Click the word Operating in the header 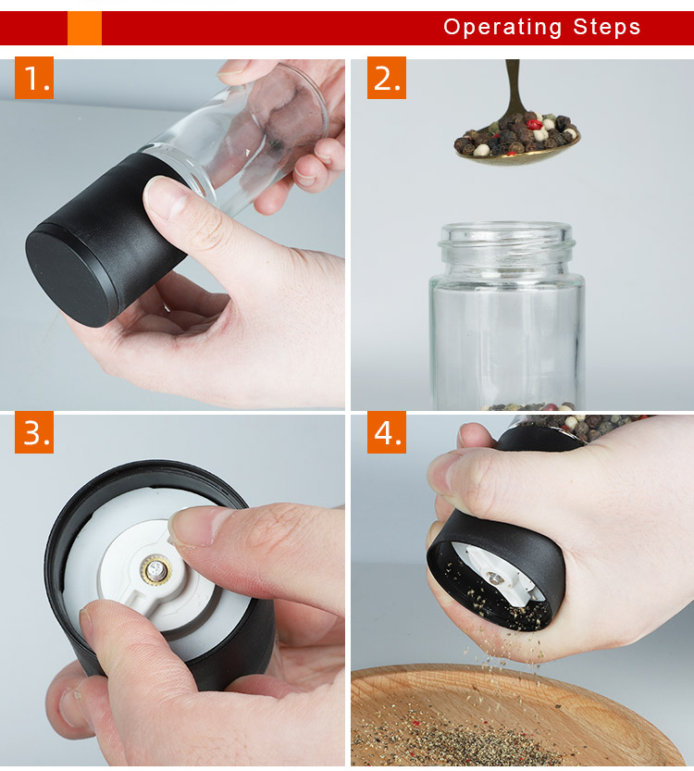502,28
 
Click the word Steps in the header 606,27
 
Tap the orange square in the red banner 84,28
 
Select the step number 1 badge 34,78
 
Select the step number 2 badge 386,78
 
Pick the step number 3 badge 34,432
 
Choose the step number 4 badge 386,432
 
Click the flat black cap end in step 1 68,279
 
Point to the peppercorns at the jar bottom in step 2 528,406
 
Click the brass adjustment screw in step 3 156,571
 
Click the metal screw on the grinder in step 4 494,578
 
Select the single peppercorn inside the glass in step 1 275,145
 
